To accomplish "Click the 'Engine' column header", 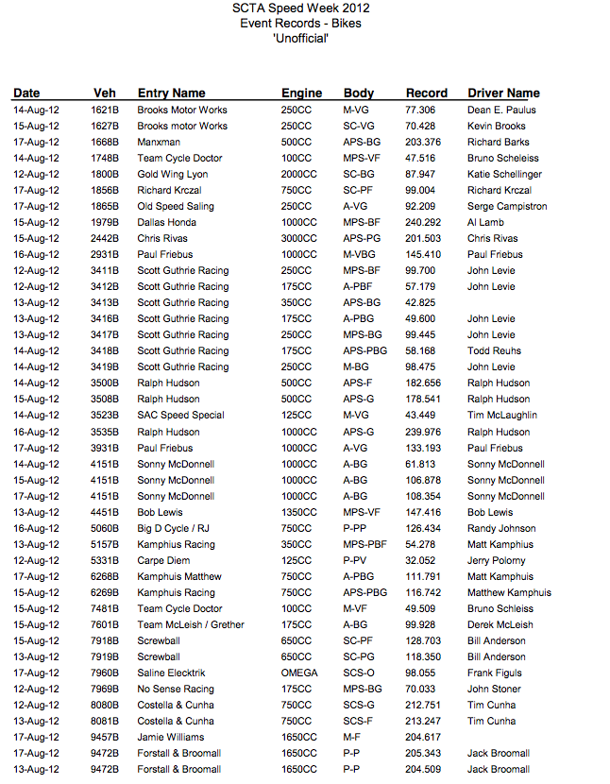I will point(301,94).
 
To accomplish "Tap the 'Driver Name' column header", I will point(503,94).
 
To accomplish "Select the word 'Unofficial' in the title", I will point(299,38).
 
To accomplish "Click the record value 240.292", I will point(423,223).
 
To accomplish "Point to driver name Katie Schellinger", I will point(504,175).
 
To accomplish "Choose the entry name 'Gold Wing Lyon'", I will point(172,175).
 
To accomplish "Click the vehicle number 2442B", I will point(105,239).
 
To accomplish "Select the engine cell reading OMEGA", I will point(297,673).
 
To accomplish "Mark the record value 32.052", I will point(420,561).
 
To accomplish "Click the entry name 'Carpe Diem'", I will point(164,561).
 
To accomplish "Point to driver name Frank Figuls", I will point(495,673).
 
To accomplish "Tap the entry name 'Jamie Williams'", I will point(171,738).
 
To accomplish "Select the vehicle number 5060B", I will point(105,529).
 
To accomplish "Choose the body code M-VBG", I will point(360,255).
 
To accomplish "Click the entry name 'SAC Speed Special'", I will point(181,416).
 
